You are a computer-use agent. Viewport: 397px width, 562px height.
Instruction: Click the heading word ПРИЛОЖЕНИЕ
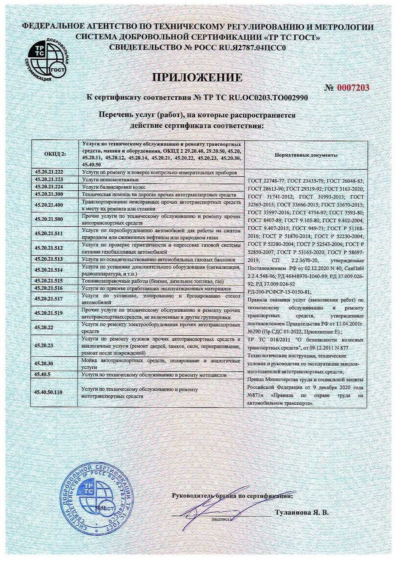197,77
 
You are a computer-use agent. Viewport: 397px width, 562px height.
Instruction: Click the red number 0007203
353,88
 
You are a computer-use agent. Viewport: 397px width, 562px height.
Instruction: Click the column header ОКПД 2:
55,154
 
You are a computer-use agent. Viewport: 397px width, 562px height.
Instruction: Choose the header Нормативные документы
306,154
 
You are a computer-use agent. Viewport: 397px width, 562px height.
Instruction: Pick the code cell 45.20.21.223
55,179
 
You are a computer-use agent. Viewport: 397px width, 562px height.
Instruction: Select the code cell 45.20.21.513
55,259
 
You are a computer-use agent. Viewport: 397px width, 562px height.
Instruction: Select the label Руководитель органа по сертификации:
233,495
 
